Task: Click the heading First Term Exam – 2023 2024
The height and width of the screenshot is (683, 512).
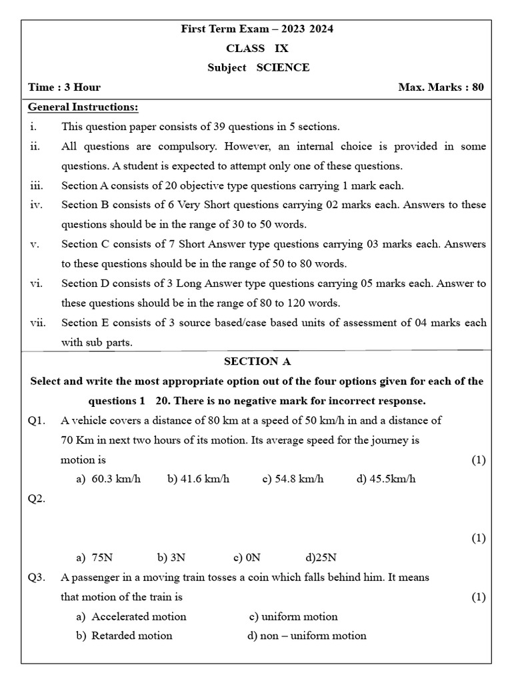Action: click(257, 29)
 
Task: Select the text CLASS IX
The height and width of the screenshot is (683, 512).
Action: click(257, 48)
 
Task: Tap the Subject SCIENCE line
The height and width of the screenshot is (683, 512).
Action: click(258, 67)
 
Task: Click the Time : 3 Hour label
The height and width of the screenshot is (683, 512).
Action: click(64, 87)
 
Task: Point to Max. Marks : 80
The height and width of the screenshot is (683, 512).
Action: click(441, 87)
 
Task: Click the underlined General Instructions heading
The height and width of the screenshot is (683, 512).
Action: click(83, 107)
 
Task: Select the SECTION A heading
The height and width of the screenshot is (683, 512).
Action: click(257, 362)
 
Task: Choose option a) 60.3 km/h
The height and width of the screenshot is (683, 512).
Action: click(109, 480)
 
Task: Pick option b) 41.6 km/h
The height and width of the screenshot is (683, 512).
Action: click(198, 480)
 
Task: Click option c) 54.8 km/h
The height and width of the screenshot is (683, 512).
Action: click(293, 480)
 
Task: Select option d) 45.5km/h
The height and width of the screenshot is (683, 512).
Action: click(386, 480)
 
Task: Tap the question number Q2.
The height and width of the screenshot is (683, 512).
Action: click(37, 499)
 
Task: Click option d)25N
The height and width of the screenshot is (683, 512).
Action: click(321, 558)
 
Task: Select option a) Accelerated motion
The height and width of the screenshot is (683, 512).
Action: click(131, 616)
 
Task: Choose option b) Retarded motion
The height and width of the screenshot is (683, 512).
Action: click(124, 636)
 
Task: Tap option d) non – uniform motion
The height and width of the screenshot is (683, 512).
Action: click(307, 636)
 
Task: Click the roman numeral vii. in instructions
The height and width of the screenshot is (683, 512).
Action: click(37, 323)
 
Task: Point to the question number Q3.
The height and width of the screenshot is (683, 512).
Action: click(37, 578)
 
